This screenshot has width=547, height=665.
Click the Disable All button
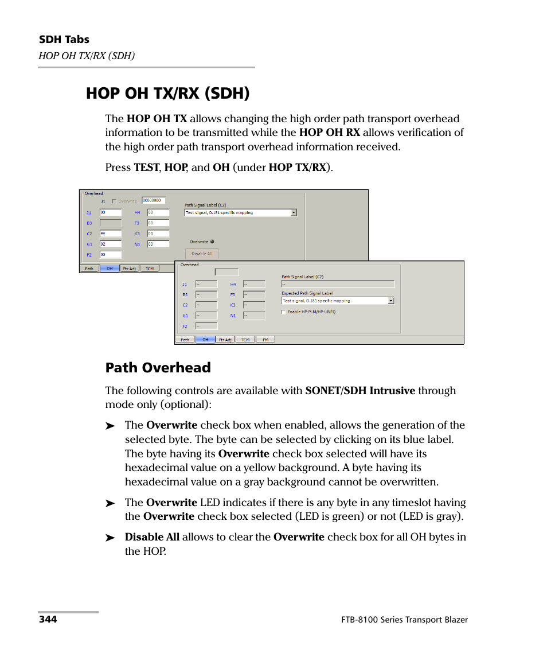[x=202, y=254]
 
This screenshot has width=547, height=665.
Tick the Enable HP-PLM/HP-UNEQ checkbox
[x=284, y=312]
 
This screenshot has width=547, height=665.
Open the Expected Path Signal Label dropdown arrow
[x=391, y=301]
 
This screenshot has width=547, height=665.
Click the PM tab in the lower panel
[x=265, y=340]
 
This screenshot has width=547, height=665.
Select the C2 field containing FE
[x=110, y=234]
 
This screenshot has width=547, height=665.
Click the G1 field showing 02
[x=110, y=244]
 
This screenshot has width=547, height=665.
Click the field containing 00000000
[x=153, y=201]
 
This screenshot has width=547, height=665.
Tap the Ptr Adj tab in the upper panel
[x=128, y=269]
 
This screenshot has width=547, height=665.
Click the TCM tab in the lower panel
[x=245, y=340]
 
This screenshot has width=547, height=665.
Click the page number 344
[x=48, y=620]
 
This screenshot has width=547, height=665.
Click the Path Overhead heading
[x=158, y=368]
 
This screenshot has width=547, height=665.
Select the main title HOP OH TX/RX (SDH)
[x=167, y=93]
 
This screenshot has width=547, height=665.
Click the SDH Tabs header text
[x=64, y=40]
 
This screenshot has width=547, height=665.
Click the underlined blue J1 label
[x=88, y=212]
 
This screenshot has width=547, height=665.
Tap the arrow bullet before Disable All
[x=110, y=538]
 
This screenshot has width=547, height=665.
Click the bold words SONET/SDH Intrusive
[x=360, y=391]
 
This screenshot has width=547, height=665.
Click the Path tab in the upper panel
[x=89, y=269]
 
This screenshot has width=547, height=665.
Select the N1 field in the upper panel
[x=158, y=244]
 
